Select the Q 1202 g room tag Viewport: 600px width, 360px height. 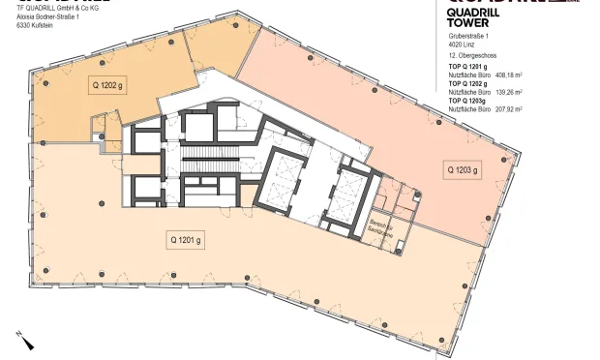click(x=106, y=86)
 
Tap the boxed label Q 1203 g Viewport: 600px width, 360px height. click(x=462, y=169)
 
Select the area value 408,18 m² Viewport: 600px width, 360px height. click(x=508, y=74)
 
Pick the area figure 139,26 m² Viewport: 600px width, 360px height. click(x=508, y=92)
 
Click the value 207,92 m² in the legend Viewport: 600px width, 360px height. click(x=508, y=109)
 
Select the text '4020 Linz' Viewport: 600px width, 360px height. click(x=461, y=43)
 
